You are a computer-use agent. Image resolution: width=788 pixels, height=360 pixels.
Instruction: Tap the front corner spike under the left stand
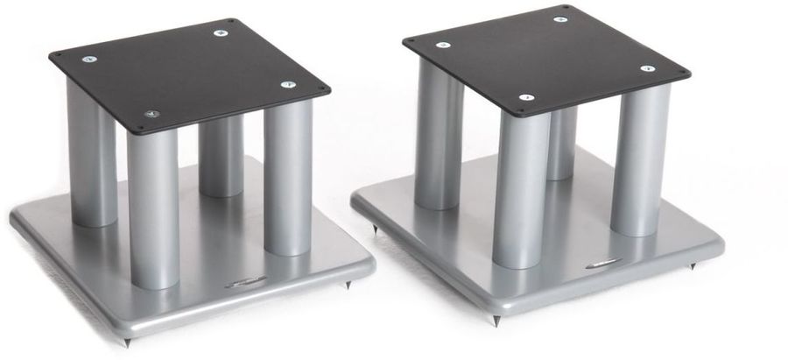pos(131,336)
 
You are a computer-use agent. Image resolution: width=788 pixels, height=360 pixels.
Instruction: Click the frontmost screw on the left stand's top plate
pos(152,114)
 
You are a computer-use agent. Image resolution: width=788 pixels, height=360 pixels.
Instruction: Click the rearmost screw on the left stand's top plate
pos(218,33)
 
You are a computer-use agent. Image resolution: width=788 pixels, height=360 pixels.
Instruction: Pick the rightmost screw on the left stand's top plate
pos(288,84)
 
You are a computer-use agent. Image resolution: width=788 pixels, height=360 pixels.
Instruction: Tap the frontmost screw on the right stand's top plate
pos(525,97)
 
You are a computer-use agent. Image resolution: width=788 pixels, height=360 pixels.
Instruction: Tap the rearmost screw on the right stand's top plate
pos(559,18)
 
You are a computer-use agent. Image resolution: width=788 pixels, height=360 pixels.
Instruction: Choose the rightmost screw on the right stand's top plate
pos(648,67)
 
